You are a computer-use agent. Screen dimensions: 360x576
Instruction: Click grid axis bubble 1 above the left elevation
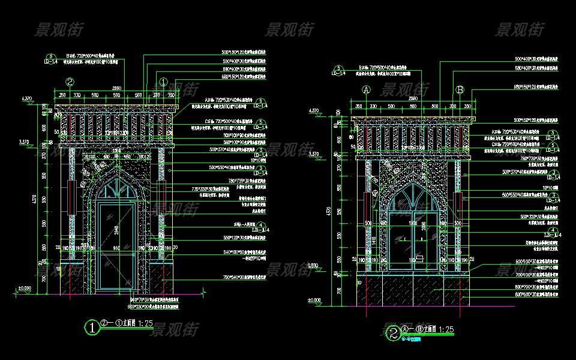pyautogui.click(x=163, y=82)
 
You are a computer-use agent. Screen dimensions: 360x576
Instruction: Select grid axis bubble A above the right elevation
pyautogui.click(x=367, y=90)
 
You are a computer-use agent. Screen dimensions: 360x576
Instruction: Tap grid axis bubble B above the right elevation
pyautogui.click(x=460, y=90)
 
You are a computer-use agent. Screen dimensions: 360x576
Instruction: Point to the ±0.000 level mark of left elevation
pyautogui.click(x=24, y=289)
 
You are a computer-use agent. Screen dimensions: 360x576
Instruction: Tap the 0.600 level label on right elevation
pyautogui.click(x=313, y=265)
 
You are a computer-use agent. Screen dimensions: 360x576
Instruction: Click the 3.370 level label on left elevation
pyautogui.click(x=25, y=142)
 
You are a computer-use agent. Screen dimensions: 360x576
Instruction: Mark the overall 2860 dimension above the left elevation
pyautogui.click(x=116, y=88)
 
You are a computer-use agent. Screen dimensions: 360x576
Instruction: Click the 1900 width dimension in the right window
pyautogui.click(x=413, y=223)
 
